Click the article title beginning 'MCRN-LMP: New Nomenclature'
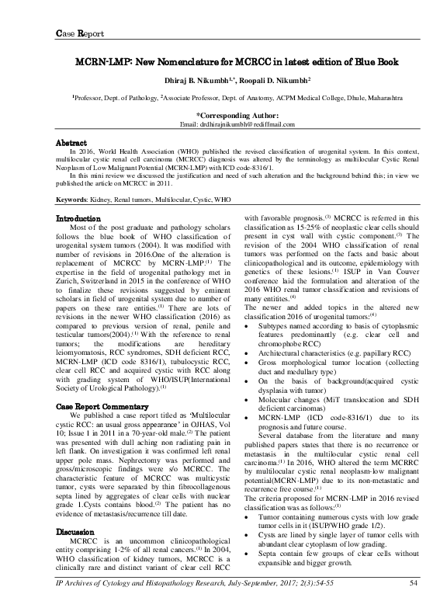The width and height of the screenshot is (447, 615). (x=223, y=61)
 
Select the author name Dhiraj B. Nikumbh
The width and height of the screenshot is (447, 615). (x=185, y=81)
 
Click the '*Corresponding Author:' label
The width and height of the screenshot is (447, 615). (x=223, y=114)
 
